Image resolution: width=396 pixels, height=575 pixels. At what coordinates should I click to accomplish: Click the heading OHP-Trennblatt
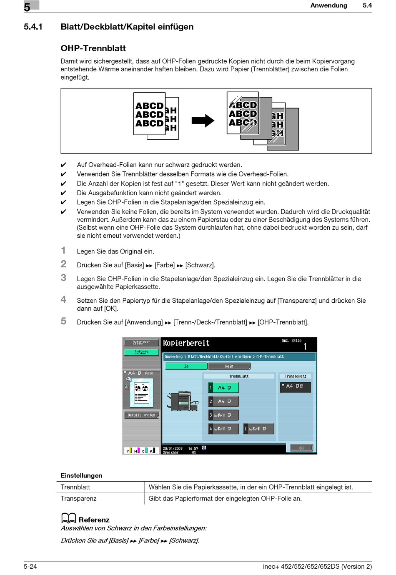(93, 48)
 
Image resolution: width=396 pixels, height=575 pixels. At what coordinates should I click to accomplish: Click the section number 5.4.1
(33, 27)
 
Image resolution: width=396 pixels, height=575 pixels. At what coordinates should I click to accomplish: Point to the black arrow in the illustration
(203, 121)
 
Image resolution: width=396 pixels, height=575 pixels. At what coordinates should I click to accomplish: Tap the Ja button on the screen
(186, 366)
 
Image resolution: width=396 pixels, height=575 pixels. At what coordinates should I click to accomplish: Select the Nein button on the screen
(229, 366)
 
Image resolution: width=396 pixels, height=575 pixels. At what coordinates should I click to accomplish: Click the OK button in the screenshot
(301, 448)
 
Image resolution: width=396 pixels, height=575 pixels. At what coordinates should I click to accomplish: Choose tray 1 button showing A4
(223, 388)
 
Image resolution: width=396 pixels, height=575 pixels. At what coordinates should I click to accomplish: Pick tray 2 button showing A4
(223, 402)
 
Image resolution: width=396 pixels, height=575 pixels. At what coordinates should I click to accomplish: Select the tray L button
(258, 429)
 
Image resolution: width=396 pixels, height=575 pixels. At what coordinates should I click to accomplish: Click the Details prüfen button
(141, 415)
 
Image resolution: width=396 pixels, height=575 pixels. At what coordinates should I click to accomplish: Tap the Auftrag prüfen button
(141, 352)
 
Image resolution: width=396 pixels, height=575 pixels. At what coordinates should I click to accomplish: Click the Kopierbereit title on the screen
(186, 343)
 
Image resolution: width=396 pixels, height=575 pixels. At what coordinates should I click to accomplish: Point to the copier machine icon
(182, 401)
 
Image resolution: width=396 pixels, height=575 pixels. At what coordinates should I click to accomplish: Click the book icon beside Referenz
(68, 518)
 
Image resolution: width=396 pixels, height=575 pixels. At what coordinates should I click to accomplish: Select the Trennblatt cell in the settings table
(75, 487)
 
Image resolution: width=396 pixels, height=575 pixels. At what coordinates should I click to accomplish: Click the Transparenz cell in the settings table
(78, 498)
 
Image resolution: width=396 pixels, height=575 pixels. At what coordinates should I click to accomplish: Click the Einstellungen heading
(81, 475)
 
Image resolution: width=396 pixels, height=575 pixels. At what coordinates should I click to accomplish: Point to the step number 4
(63, 299)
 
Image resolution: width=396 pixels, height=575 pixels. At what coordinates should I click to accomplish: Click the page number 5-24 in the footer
(30, 566)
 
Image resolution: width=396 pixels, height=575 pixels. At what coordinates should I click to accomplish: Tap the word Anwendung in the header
(328, 5)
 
